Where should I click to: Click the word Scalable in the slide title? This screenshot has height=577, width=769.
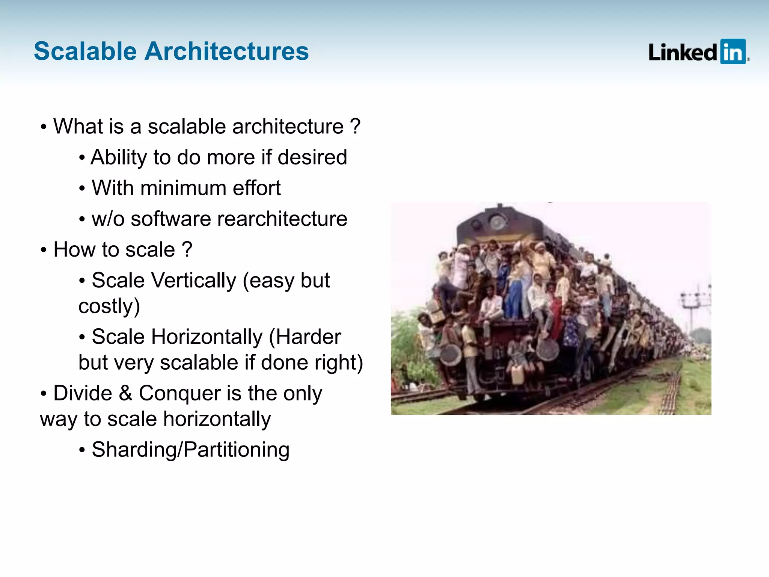click(85, 51)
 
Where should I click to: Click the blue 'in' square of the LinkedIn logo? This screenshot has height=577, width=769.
click(733, 51)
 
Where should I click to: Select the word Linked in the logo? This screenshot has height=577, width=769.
click(683, 52)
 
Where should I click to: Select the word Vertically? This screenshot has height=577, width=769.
click(193, 280)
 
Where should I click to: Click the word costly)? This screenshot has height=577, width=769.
click(109, 306)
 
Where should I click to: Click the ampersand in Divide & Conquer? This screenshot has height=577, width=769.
click(125, 393)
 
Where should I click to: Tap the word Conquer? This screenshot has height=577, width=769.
click(179, 393)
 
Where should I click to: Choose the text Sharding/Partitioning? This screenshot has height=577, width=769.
click(190, 450)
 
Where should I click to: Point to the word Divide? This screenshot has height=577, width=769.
click(83, 393)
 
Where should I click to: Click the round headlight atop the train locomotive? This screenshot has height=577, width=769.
click(498, 222)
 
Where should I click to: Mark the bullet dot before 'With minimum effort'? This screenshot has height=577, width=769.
click(82, 188)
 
